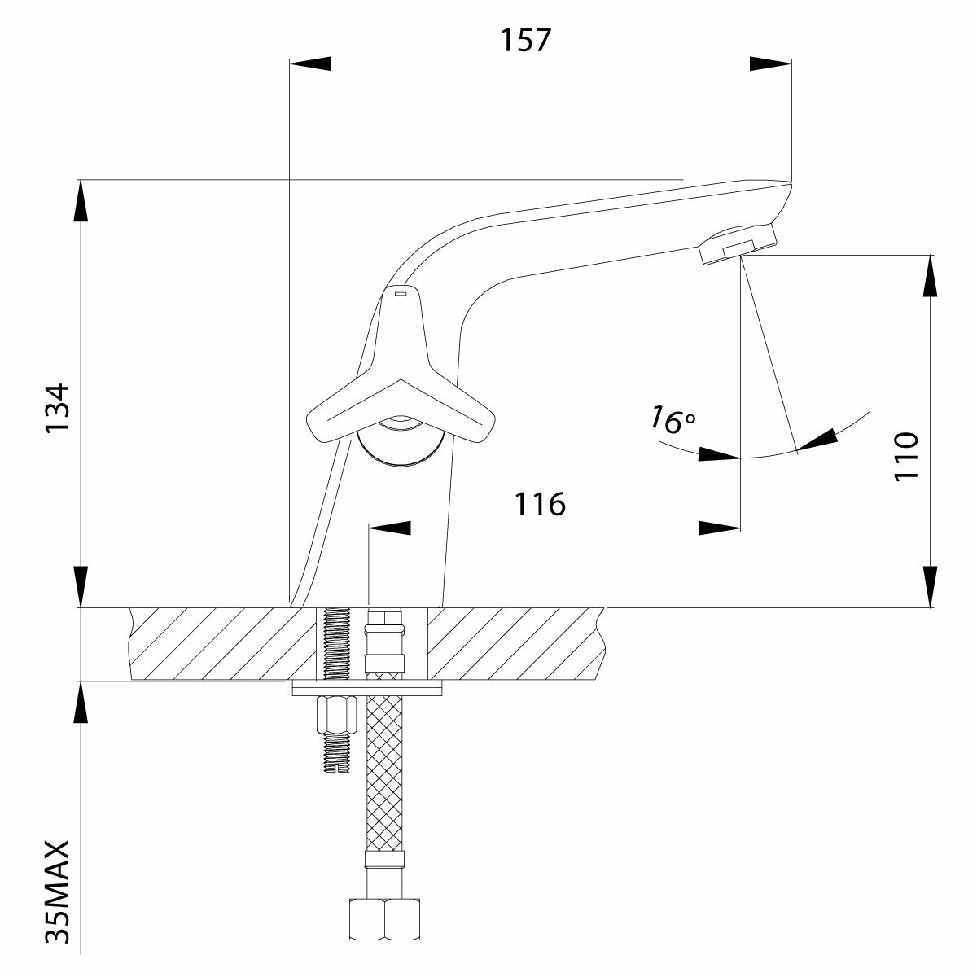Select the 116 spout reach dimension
point(539,504)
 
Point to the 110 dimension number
point(906,456)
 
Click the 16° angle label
point(673,420)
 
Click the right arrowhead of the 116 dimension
point(721,528)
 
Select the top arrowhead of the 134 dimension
point(81,199)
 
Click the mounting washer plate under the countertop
point(366,689)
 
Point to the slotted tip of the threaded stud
point(335,766)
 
